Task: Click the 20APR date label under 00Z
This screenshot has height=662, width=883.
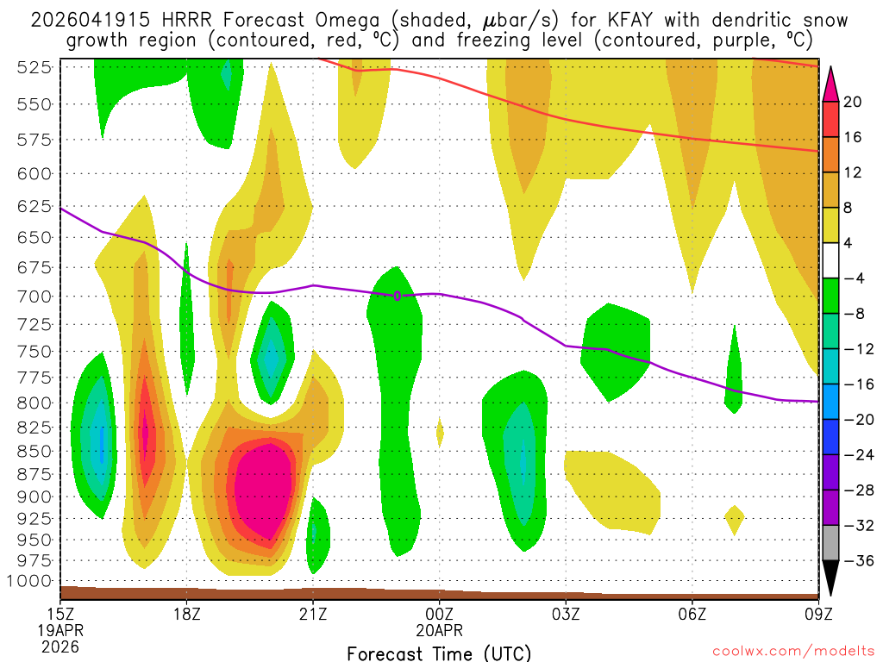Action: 440,629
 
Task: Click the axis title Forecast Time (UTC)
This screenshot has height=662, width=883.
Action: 439,653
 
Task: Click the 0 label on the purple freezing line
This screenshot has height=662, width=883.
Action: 398,296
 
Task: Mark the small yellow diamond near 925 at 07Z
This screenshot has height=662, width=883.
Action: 734,519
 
